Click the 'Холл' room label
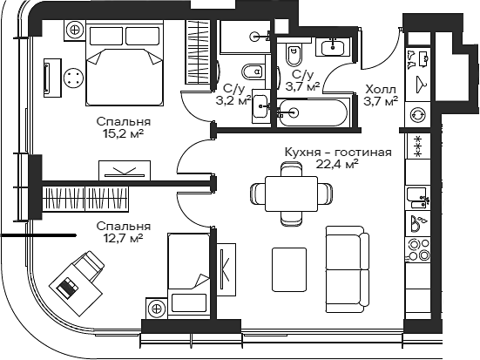point(381,90)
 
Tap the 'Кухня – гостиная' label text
point(338,153)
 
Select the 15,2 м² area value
point(123,134)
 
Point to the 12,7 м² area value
point(123,238)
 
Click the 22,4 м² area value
point(337,165)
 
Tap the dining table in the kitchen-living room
point(291,194)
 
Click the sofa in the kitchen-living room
point(348,269)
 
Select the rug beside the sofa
point(289,269)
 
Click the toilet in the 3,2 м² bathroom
point(253,72)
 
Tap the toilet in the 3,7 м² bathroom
point(294,54)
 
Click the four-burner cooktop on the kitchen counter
point(418,249)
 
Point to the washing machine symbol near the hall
point(418,114)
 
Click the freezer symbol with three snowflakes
point(418,146)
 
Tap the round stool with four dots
point(73,77)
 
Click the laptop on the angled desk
point(67,288)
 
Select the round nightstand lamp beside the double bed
point(75,30)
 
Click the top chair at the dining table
point(291,169)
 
